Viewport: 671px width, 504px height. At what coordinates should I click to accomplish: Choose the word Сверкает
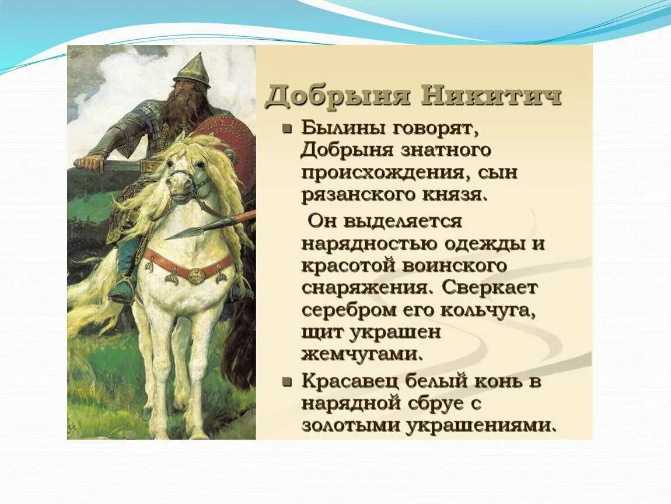490,288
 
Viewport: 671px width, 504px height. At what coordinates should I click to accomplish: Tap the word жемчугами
361,353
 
